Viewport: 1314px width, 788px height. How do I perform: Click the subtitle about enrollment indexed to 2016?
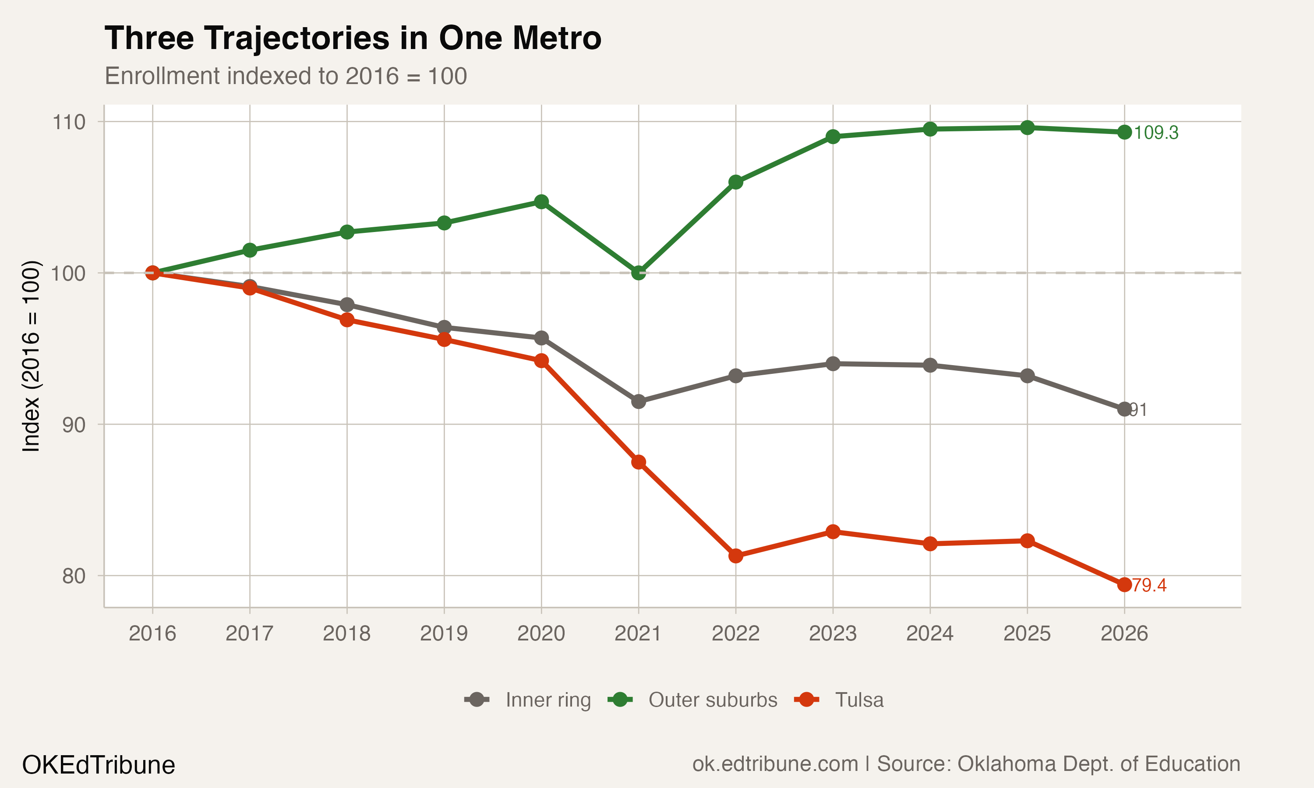(x=286, y=76)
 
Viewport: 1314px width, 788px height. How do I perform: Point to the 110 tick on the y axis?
(x=68, y=122)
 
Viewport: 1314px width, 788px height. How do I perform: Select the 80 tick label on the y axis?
(x=73, y=576)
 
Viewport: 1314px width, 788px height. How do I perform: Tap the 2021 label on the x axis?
(x=638, y=633)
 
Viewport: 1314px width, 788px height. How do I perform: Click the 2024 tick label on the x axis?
(x=929, y=633)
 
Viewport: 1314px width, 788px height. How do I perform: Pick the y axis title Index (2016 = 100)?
(x=31, y=356)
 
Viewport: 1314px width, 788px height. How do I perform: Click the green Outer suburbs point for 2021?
(x=639, y=273)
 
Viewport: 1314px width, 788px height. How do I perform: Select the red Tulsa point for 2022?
(x=735, y=556)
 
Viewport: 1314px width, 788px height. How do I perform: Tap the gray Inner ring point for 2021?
(x=639, y=401)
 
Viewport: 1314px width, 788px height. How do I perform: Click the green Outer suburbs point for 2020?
(x=541, y=202)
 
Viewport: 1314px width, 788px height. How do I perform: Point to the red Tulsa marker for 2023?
(x=833, y=531)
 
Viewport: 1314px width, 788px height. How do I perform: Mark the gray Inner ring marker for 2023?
(x=833, y=364)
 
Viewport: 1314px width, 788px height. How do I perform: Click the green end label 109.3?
(x=1156, y=133)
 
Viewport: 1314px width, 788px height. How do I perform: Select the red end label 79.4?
(x=1149, y=585)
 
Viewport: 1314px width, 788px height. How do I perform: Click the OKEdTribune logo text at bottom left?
(x=98, y=765)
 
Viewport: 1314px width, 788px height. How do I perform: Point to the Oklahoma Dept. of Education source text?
(x=1057, y=763)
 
